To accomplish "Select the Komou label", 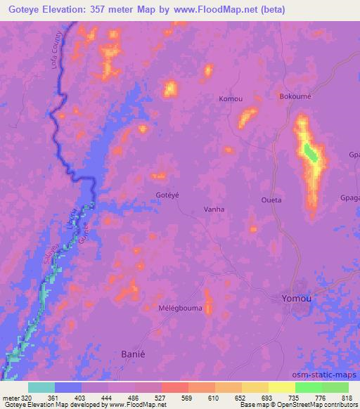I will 231,98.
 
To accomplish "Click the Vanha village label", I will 213,209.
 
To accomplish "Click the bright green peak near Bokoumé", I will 310,152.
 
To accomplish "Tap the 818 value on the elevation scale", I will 347,397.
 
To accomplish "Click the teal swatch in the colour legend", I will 41,387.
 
